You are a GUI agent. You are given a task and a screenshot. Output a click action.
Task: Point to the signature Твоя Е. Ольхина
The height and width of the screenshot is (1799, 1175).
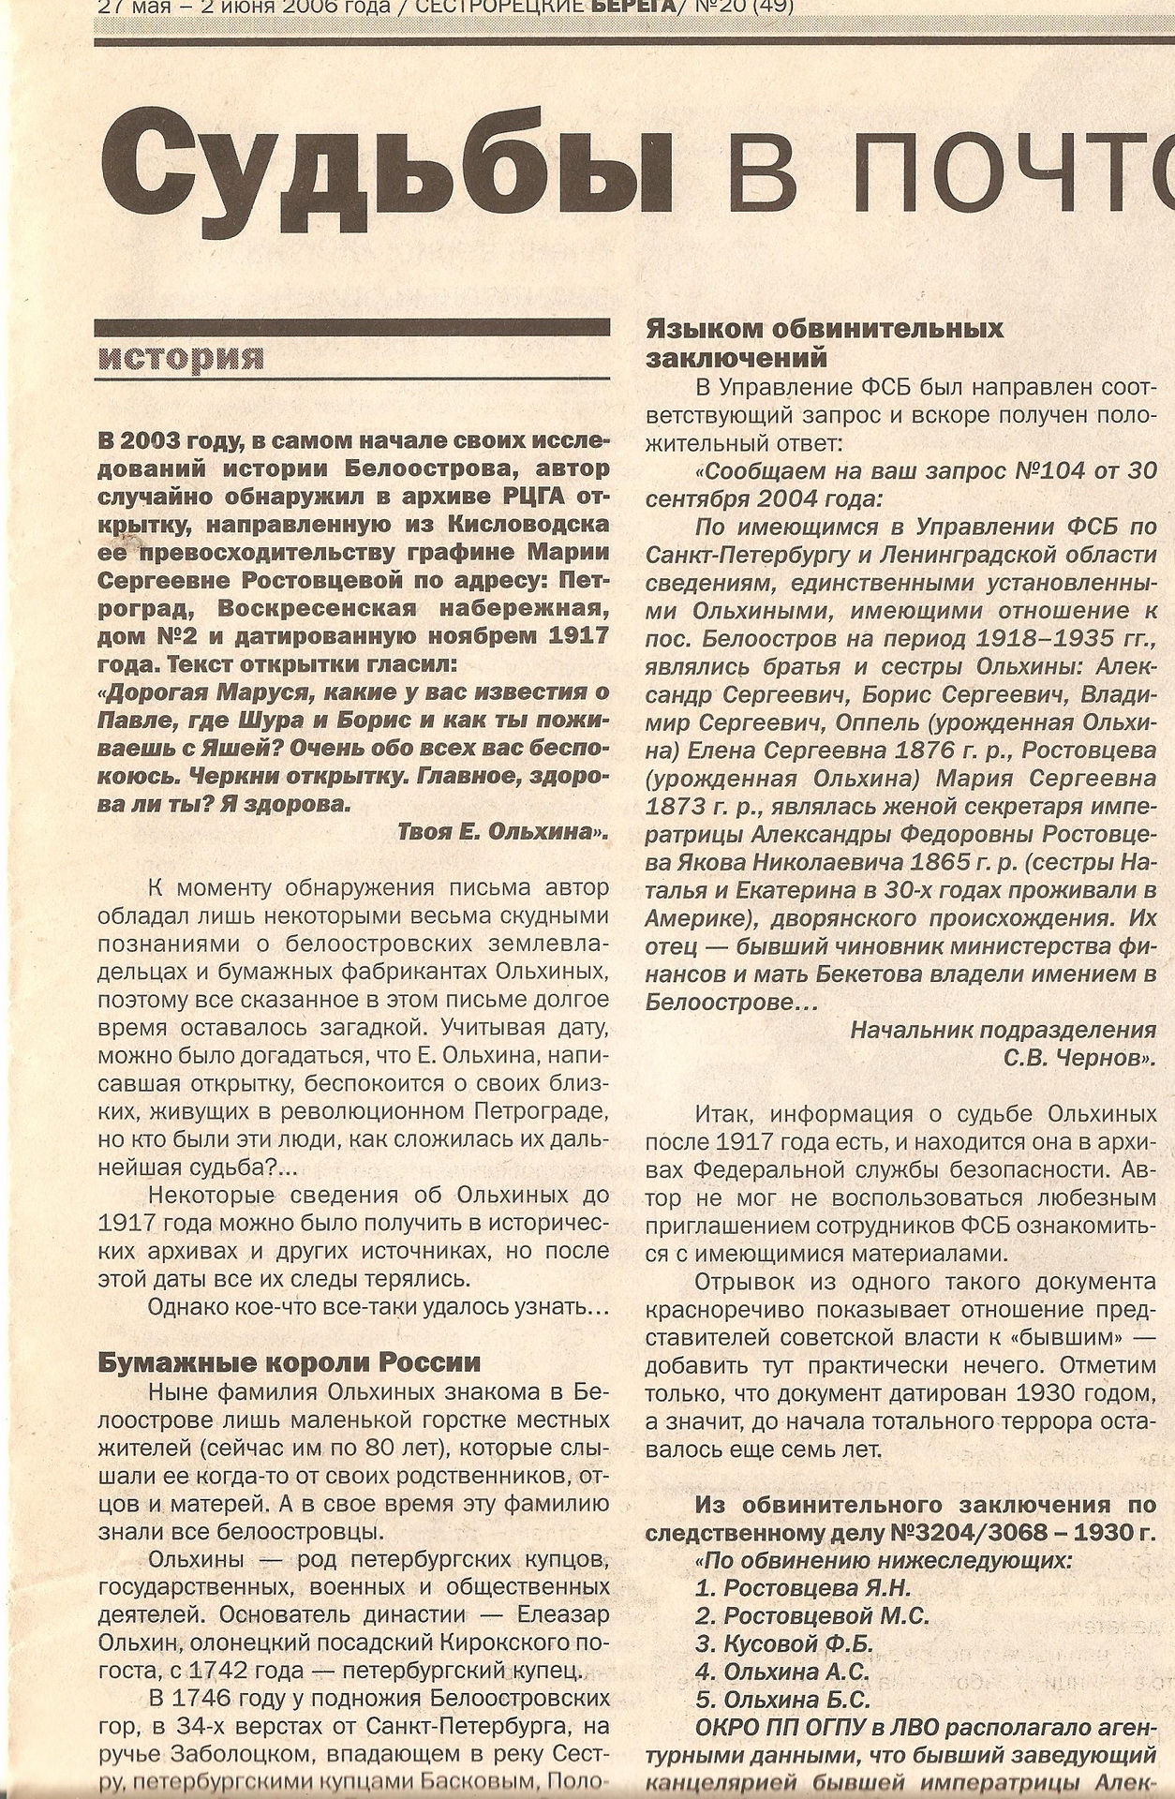503,831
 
